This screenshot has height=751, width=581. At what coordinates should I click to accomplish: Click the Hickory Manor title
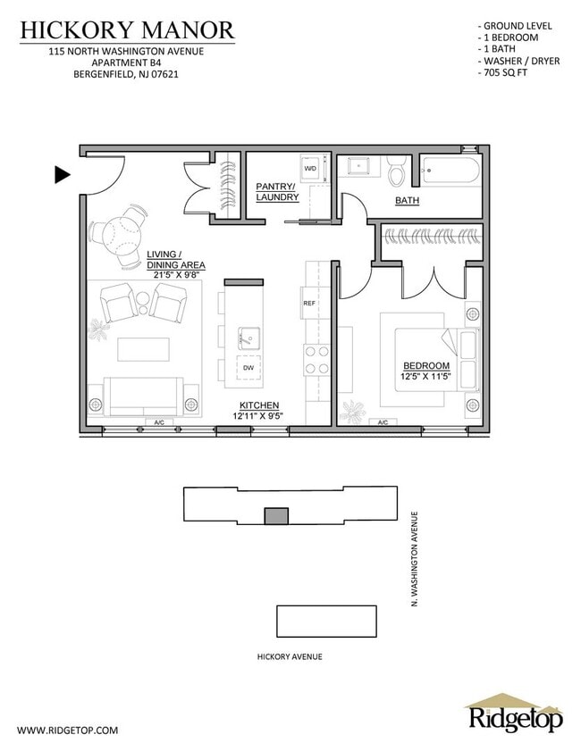point(127,30)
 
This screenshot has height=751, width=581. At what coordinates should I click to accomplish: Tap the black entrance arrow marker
point(63,175)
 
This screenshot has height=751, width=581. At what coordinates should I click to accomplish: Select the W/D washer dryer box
point(310,168)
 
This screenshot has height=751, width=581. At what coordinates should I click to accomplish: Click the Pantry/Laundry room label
point(276,191)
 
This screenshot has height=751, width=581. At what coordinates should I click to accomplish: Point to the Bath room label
point(407,201)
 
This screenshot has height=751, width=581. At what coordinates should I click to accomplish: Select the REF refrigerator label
point(310,304)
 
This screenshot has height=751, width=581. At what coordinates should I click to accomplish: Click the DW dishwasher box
point(248,368)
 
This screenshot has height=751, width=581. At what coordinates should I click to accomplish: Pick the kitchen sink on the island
point(248,338)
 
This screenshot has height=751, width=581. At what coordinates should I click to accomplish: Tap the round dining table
point(120,235)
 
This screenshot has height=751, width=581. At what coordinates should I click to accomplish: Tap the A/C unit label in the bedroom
point(383,422)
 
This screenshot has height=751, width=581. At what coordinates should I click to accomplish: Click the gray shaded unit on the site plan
point(276,515)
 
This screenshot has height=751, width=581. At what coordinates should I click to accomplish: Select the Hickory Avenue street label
point(289,656)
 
